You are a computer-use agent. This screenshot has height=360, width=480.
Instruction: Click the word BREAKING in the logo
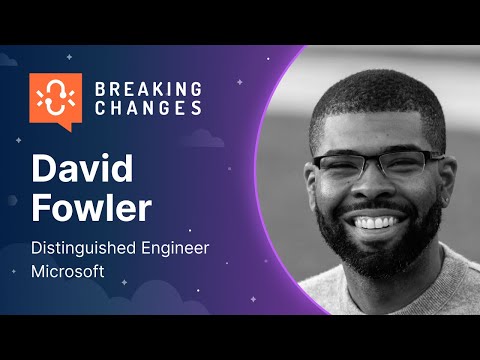(x=147, y=89)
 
